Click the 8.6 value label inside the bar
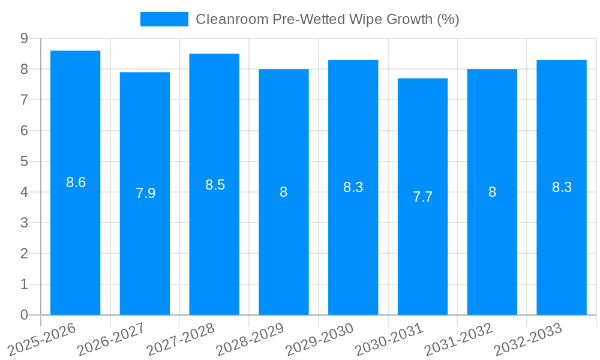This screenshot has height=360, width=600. coord(76,182)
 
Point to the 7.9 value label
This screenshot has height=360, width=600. coord(145,193)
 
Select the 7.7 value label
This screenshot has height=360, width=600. coord(422,197)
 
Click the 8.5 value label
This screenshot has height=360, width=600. coord(215,185)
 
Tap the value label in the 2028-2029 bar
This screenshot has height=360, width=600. coord(284,192)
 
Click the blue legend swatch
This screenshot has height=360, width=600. coord(164,19)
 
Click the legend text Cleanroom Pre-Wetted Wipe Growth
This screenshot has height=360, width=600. coord(327,19)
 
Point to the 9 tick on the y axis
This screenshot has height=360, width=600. coord(24,38)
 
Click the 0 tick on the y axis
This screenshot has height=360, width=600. coord(24,315)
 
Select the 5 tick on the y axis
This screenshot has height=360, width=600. coord(24,161)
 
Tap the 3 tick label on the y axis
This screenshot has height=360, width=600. coord(24,223)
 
